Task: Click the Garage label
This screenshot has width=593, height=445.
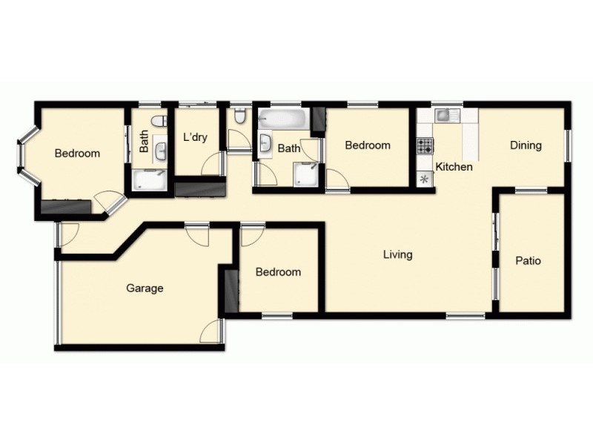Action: [x=145, y=289]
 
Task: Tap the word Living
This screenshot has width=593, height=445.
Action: [x=397, y=255]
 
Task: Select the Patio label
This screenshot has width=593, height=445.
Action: [x=528, y=261]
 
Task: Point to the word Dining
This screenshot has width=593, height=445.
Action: [x=526, y=145]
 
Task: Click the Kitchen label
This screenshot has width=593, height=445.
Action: [x=454, y=167]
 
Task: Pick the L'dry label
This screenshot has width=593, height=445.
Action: [x=196, y=137]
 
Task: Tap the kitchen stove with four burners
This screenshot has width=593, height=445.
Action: [x=425, y=145]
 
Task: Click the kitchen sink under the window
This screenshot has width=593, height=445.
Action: [x=443, y=115]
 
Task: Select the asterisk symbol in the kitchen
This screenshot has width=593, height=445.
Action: [x=425, y=179]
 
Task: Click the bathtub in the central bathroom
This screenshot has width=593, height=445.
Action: [x=281, y=119]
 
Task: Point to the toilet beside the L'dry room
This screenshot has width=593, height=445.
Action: [x=239, y=117]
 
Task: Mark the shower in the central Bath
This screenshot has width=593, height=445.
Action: [x=305, y=174]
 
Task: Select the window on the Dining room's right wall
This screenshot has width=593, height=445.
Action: [x=569, y=145]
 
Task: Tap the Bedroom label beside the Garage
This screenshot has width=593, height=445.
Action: [x=278, y=272]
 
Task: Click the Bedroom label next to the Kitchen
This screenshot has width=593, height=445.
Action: [x=368, y=145]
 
